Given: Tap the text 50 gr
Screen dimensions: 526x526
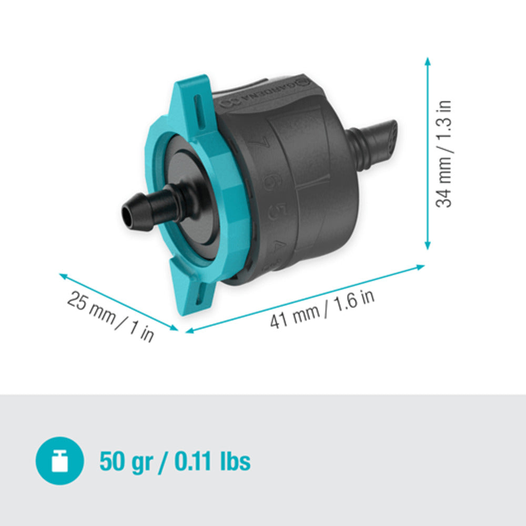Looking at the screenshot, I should pos(126,461).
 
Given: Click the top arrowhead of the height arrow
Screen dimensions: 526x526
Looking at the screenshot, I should pos(428,62).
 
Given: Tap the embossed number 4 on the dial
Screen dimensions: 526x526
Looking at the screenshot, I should pos(272,246).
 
